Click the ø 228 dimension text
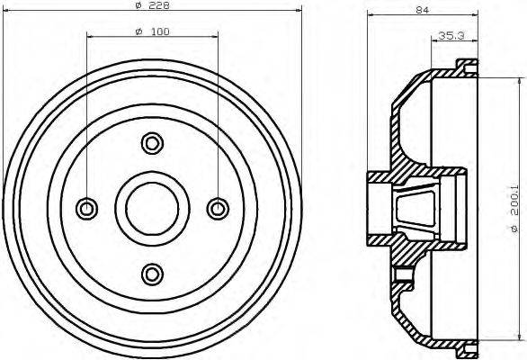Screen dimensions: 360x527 154,6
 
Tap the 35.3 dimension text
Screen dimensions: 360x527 450,36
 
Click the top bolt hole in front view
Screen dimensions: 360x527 152,142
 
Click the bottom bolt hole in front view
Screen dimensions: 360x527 152,273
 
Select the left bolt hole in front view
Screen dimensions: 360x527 87,208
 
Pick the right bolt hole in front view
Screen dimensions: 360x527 218,208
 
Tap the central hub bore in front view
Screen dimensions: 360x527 152,208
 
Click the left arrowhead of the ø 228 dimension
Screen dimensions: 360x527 10,13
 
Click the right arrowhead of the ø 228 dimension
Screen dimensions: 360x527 293,13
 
